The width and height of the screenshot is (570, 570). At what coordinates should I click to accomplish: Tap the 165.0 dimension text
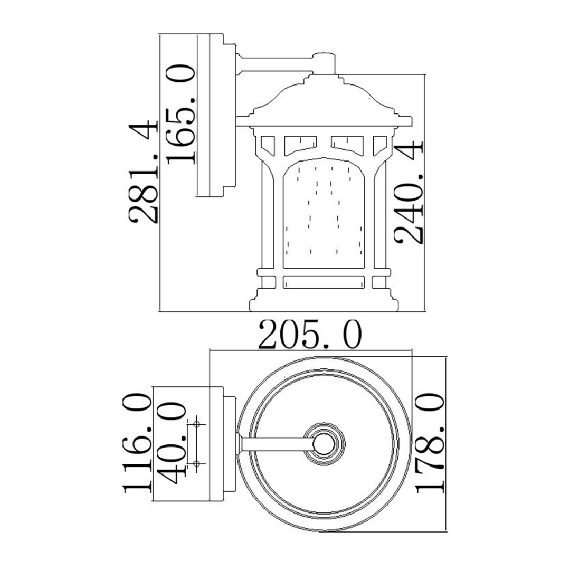click(x=180, y=114)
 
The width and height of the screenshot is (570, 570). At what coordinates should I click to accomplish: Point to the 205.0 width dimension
click(x=310, y=335)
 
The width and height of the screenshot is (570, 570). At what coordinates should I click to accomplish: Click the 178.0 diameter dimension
click(x=430, y=443)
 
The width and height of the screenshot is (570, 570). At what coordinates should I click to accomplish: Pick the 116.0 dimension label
click(x=137, y=443)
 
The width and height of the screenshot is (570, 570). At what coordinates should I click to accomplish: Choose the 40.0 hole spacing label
click(x=171, y=443)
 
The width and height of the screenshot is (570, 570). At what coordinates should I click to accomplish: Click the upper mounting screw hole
click(x=197, y=424)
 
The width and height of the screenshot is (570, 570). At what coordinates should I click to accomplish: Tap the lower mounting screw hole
click(x=197, y=463)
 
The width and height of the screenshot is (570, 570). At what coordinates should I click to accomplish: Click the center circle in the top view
click(x=324, y=443)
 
